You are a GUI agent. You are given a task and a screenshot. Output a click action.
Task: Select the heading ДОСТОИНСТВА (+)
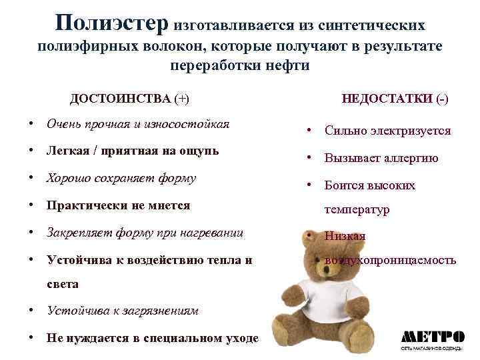(129, 99)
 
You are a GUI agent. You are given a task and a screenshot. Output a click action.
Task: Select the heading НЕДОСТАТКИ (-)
(395, 99)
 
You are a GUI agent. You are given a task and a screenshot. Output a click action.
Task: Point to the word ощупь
(196, 151)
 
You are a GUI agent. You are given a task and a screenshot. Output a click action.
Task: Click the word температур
(357, 209)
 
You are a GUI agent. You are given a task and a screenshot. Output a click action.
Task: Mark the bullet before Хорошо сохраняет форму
(31, 178)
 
